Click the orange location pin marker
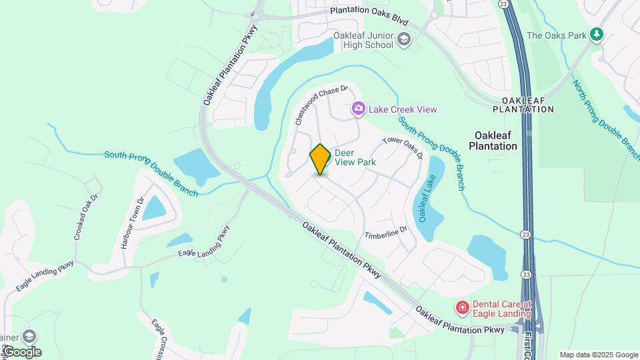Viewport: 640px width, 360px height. tap(321, 159)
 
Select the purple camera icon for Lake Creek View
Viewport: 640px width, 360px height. tap(359, 108)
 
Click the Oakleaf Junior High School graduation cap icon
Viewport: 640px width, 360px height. tap(404, 41)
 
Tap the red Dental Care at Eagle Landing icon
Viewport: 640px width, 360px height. tap(461, 307)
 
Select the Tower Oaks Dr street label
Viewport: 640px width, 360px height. tap(402, 148)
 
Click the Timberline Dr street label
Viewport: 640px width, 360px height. tap(385, 233)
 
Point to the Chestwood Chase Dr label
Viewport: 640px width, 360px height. tap(321, 105)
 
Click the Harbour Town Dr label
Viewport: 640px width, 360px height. tap(132, 223)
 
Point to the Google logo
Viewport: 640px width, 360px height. tap(21, 351)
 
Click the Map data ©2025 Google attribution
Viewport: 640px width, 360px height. tap(599, 355)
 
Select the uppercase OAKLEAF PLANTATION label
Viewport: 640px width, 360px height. tap(523, 105)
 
